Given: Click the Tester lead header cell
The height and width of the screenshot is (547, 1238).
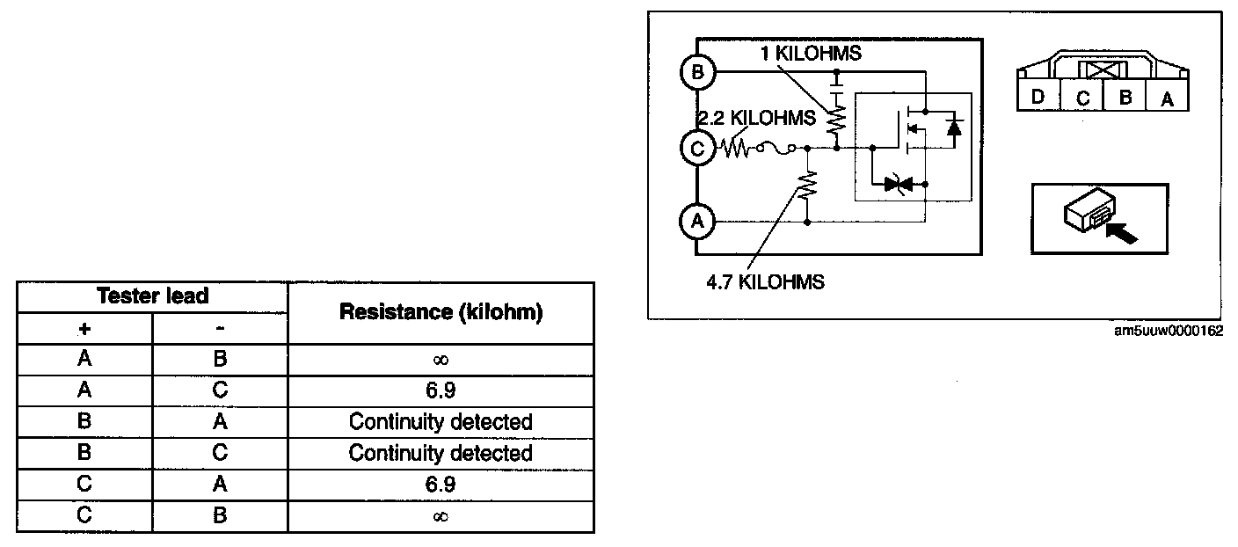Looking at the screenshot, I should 153,296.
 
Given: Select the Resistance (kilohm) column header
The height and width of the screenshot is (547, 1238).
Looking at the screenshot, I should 441,312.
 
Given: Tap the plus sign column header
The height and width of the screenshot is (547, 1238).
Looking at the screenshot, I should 85,328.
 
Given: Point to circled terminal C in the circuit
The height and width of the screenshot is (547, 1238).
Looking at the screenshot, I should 697,149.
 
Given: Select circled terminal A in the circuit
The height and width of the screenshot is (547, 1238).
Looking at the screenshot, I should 697,222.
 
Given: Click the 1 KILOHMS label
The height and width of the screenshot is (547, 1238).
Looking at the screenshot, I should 811,54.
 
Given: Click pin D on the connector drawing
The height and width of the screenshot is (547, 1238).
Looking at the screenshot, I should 1038,97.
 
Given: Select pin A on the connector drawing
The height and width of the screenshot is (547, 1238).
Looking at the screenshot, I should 1167,98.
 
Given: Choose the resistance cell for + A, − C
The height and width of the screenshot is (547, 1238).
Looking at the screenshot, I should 441,390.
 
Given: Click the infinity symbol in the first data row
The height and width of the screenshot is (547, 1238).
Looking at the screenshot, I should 441,360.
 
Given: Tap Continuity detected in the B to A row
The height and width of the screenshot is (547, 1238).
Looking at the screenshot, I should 441,422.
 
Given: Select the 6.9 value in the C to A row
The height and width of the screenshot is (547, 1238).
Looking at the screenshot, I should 441,485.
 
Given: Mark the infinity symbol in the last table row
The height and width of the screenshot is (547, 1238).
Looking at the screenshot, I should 441,516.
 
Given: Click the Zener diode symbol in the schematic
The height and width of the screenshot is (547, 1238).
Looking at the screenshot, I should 898,184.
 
